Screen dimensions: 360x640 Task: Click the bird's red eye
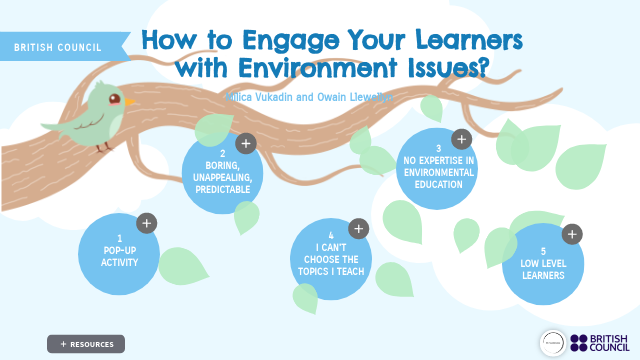click(114, 99)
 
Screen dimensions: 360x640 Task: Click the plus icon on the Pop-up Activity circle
click(146, 223)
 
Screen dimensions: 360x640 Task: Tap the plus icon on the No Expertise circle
click(461, 139)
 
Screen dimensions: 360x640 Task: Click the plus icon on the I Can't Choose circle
click(360, 228)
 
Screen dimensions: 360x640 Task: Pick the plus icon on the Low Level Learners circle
click(572, 234)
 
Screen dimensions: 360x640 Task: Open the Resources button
click(86, 344)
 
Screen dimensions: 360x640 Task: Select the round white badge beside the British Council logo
click(552, 343)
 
